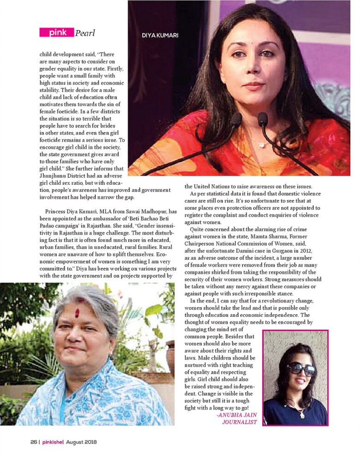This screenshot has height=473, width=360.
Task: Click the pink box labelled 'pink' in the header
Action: tap(56, 32)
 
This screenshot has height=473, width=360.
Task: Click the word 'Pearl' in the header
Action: tap(85, 33)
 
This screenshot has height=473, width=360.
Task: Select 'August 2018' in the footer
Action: tap(81, 442)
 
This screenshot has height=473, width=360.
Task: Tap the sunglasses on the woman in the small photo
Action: tap(300, 369)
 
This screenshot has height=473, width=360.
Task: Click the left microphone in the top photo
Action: tap(235, 121)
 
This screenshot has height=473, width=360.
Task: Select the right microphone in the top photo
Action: tap(263, 119)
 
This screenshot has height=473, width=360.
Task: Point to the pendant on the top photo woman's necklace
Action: tap(262, 145)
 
